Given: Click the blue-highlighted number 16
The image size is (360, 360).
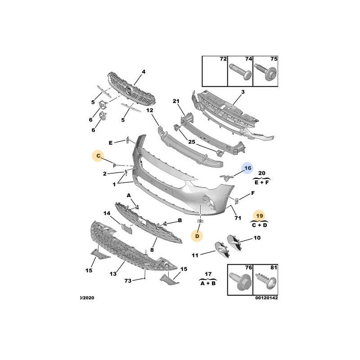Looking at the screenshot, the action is (247, 168).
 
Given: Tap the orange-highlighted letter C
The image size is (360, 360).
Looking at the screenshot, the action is (98, 156).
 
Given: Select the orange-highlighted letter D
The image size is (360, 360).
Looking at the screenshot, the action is (197, 236).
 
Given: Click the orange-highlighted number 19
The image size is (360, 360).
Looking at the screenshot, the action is (260, 216).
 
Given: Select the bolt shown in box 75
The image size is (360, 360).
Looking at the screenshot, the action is (265, 72).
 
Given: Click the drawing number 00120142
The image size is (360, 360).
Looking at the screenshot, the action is (266, 298).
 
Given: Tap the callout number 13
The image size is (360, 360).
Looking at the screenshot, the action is (113, 274).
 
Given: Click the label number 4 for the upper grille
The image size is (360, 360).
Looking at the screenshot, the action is (144, 72).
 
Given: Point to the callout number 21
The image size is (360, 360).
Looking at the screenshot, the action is (176, 101).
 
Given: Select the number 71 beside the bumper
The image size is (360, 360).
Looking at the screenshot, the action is (238, 218).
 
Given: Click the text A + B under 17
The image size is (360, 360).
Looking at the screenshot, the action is (208, 283).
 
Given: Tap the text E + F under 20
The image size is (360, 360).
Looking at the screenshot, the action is (262, 183).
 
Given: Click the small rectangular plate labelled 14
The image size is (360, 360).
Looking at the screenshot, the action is (126, 229).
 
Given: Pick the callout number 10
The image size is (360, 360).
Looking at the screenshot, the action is (257, 238).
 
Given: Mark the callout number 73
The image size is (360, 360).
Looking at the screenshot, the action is (128, 280).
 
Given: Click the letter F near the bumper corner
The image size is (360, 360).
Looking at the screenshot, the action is (253, 193).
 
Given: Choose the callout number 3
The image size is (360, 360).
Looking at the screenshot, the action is (243, 92).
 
